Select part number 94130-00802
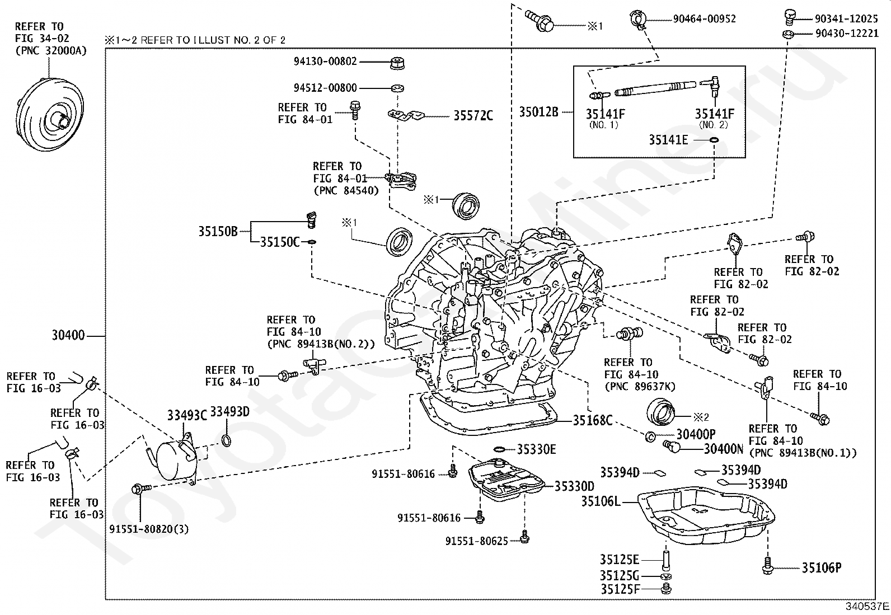pos(325,62)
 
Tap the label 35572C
pos(473,116)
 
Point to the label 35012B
pos(538,112)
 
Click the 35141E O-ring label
pos(668,140)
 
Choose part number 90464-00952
pos(704,19)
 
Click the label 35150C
pos(280,242)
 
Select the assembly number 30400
pos(68,336)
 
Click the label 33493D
pos(229,412)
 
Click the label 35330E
pos(536,449)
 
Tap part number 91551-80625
pos(477,541)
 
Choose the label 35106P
pos(821,569)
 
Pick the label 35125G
pos(620,576)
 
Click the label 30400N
pos(724,449)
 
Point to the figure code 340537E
pos(867,606)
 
